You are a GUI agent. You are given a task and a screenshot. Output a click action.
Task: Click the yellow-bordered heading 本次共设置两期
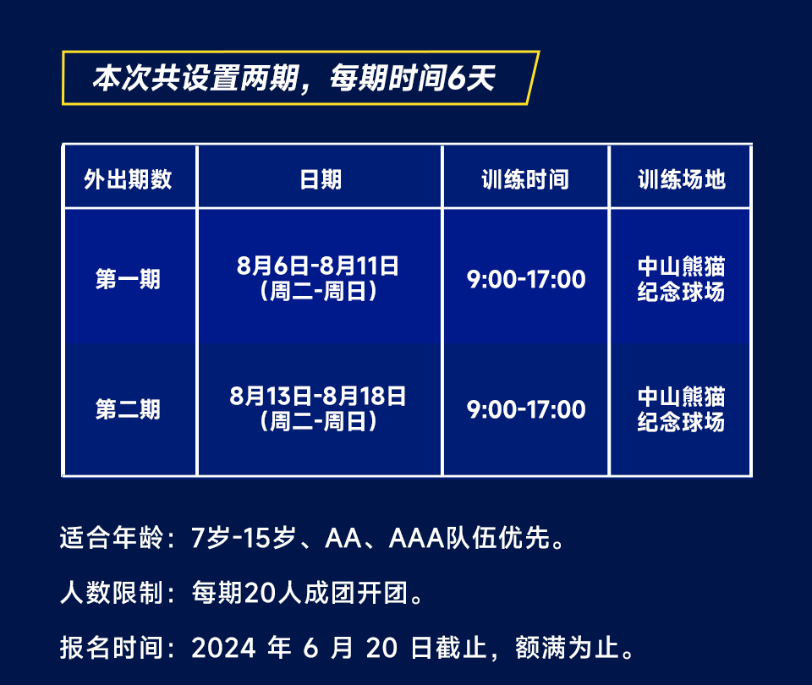(x=195, y=78)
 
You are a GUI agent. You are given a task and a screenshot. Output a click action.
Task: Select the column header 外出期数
(x=128, y=179)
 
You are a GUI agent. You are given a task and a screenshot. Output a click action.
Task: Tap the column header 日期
(x=321, y=179)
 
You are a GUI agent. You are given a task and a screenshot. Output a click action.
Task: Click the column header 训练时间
(x=525, y=179)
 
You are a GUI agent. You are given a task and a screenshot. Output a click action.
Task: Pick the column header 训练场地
(x=682, y=179)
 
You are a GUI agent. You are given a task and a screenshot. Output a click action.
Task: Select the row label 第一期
(x=128, y=279)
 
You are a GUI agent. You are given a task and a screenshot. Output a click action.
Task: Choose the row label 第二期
(x=128, y=409)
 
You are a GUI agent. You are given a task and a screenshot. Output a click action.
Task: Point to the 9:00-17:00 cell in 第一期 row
(x=526, y=280)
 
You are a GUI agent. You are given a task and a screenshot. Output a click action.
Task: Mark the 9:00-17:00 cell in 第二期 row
(x=526, y=409)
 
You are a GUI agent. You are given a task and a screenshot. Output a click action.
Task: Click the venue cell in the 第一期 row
(x=681, y=278)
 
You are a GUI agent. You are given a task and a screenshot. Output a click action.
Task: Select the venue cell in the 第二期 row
(x=681, y=408)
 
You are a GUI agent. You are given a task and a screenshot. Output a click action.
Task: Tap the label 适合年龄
(x=112, y=538)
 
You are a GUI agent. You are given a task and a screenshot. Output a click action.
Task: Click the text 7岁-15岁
(x=244, y=538)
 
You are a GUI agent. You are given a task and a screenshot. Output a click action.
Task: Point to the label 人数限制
(x=112, y=593)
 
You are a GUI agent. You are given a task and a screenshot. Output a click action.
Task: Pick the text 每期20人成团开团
(x=299, y=593)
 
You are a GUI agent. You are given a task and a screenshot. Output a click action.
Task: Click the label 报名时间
(x=112, y=648)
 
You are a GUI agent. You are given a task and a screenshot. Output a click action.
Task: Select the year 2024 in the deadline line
(x=223, y=649)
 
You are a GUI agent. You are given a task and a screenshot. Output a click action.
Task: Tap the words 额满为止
(x=567, y=648)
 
